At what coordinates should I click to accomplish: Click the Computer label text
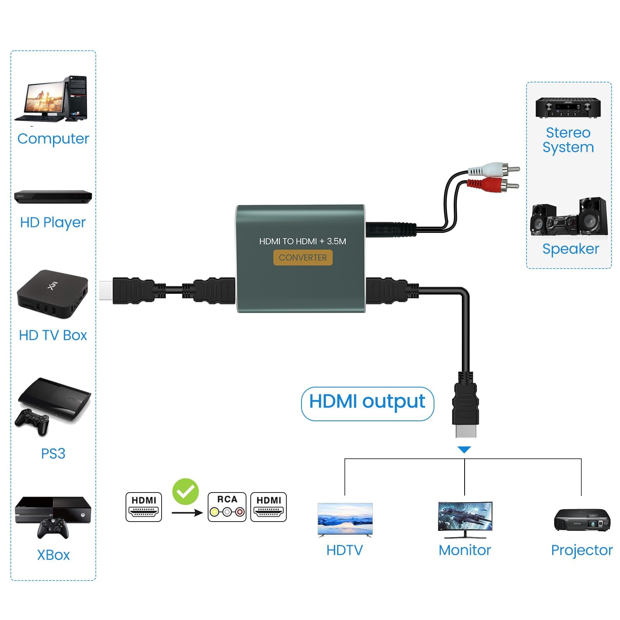point(53,139)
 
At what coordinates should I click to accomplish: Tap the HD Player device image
point(53,196)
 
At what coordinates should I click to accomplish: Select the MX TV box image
point(53,294)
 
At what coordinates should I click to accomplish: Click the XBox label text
point(53,555)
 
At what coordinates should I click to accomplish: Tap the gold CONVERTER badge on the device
point(303,258)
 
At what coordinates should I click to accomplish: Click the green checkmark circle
point(186,491)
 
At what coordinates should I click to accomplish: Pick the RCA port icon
point(227,507)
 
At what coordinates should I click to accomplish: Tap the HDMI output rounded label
point(367,403)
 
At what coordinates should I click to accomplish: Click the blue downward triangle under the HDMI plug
point(464,449)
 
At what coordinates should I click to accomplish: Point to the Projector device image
point(582,520)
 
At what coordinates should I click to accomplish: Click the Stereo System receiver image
point(568,108)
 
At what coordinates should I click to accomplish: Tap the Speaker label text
point(570,249)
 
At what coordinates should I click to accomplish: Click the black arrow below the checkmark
point(187,513)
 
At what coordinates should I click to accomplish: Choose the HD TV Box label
point(53,335)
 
